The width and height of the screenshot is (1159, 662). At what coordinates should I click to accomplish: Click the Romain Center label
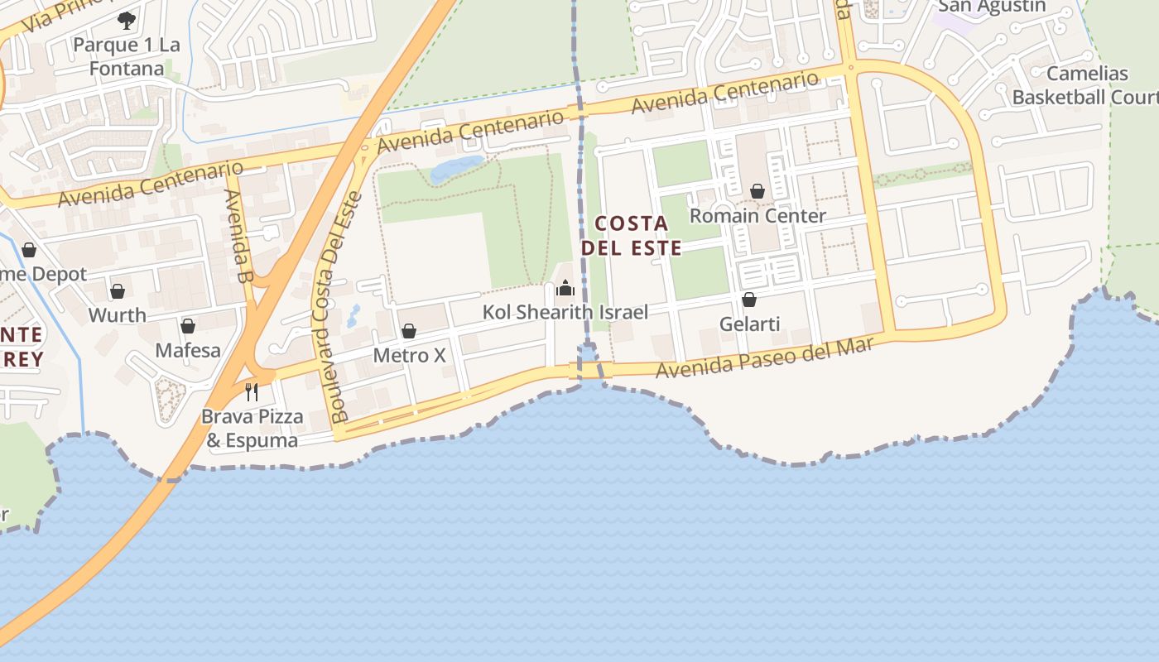pyautogui.click(x=757, y=216)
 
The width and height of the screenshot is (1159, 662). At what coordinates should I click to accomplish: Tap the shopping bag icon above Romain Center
pyautogui.click(x=757, y=191)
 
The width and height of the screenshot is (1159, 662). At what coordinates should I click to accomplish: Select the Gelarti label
pyautogui.click(x=749, y=324)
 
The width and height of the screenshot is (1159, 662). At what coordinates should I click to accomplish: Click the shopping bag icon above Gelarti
pyautogui.click(x=748, y=300)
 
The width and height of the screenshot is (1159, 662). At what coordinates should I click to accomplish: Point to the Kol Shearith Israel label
pyautogui.click(x=565, y=312)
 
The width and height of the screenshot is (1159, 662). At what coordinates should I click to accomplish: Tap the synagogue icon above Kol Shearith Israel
pyautogui.click(x=565, y=288)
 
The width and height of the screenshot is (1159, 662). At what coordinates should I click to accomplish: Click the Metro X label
pyautogui.click(x=409, y=355)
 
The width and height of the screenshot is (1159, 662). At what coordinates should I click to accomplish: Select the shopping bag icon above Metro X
pyautogui.click(x=408, y=331)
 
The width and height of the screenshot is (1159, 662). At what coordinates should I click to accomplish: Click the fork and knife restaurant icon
pyautogui.click(x=252, y=391)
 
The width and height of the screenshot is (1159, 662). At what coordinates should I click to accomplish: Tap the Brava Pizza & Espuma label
pyautogui.click(x=252, y=428)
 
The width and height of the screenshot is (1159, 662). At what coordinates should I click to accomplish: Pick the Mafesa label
pyautogui.click(x=188, y=350)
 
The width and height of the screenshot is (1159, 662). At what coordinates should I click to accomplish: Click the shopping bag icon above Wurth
pyautogui.click(x=118, y=291)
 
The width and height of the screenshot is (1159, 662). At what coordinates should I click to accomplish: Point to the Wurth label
pyautogui.click(x=118, y=315)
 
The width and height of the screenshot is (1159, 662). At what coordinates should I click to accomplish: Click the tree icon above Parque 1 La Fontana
pyautogui.click(x=126, y=20)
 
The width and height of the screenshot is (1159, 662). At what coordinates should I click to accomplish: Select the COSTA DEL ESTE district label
pyautogui.click(x=632, y=236)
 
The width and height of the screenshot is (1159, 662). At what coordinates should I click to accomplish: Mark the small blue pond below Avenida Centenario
pyautogui.click(x=456, y=169)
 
